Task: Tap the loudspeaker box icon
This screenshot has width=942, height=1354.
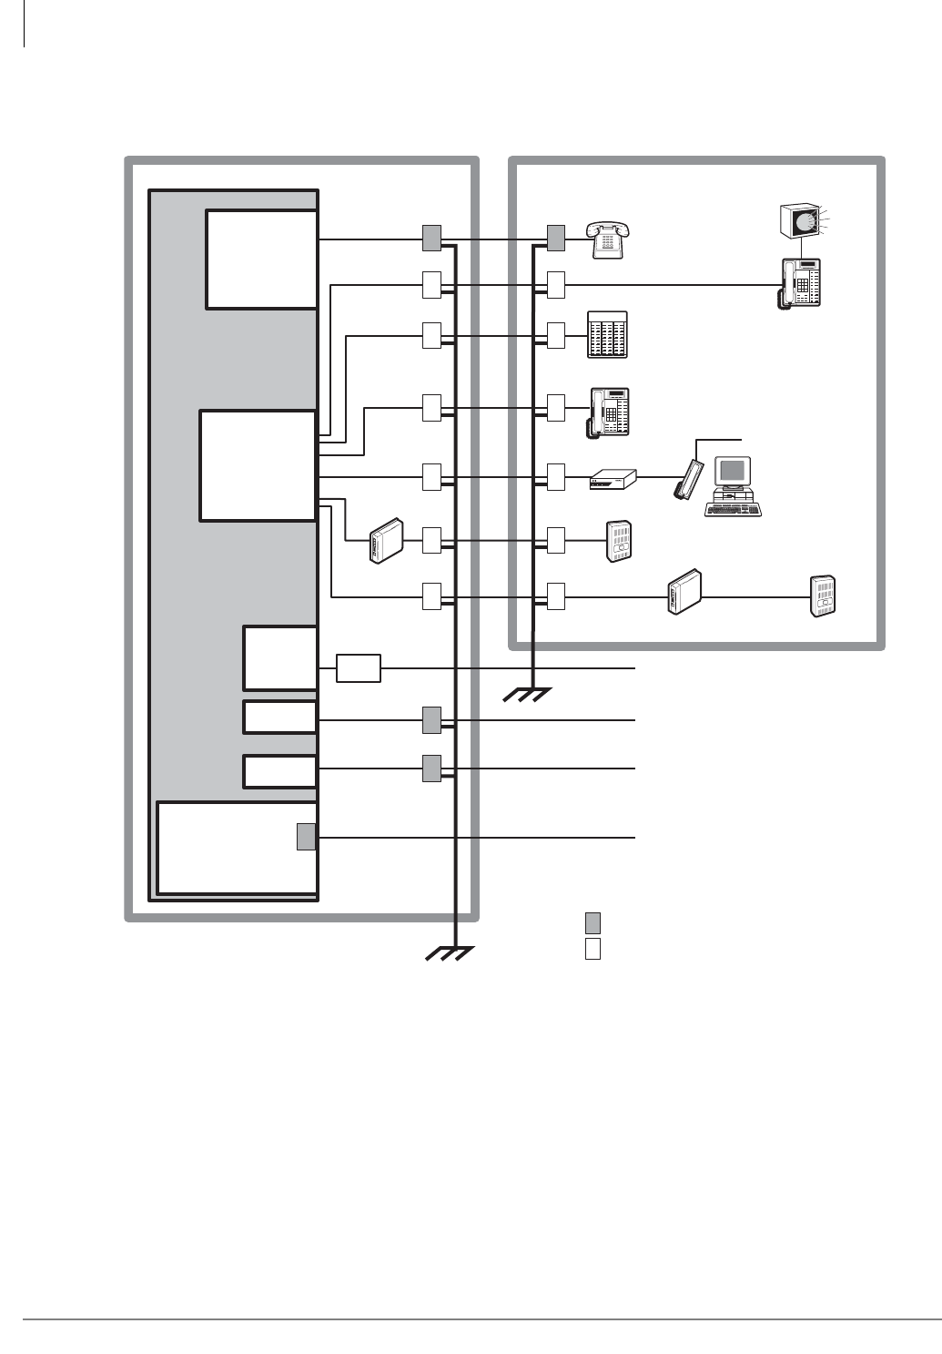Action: pyautogui.click(x=798, y=221)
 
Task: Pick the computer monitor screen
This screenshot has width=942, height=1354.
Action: pyautogui.click(x=734, y=472)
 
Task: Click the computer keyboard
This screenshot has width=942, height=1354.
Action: pyautogui.click(x=733, y=508)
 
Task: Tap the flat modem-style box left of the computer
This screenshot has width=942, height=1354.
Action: pyautogui.click(x=612, y=480)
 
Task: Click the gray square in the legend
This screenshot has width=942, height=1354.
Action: pyautogui.click(x=593, y=921)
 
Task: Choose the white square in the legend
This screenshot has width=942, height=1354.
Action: pyautogui.click(x=593, y=949)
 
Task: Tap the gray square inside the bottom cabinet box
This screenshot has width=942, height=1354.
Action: pyautogui.click(x=307, y=836)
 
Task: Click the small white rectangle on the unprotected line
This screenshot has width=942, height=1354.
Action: pyautogui.click(x=359, y=668)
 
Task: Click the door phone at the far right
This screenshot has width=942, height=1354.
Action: pyautogui.click(x=823, y=597)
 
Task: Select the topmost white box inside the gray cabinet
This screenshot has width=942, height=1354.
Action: pyautogui.click(x=261, y=260)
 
